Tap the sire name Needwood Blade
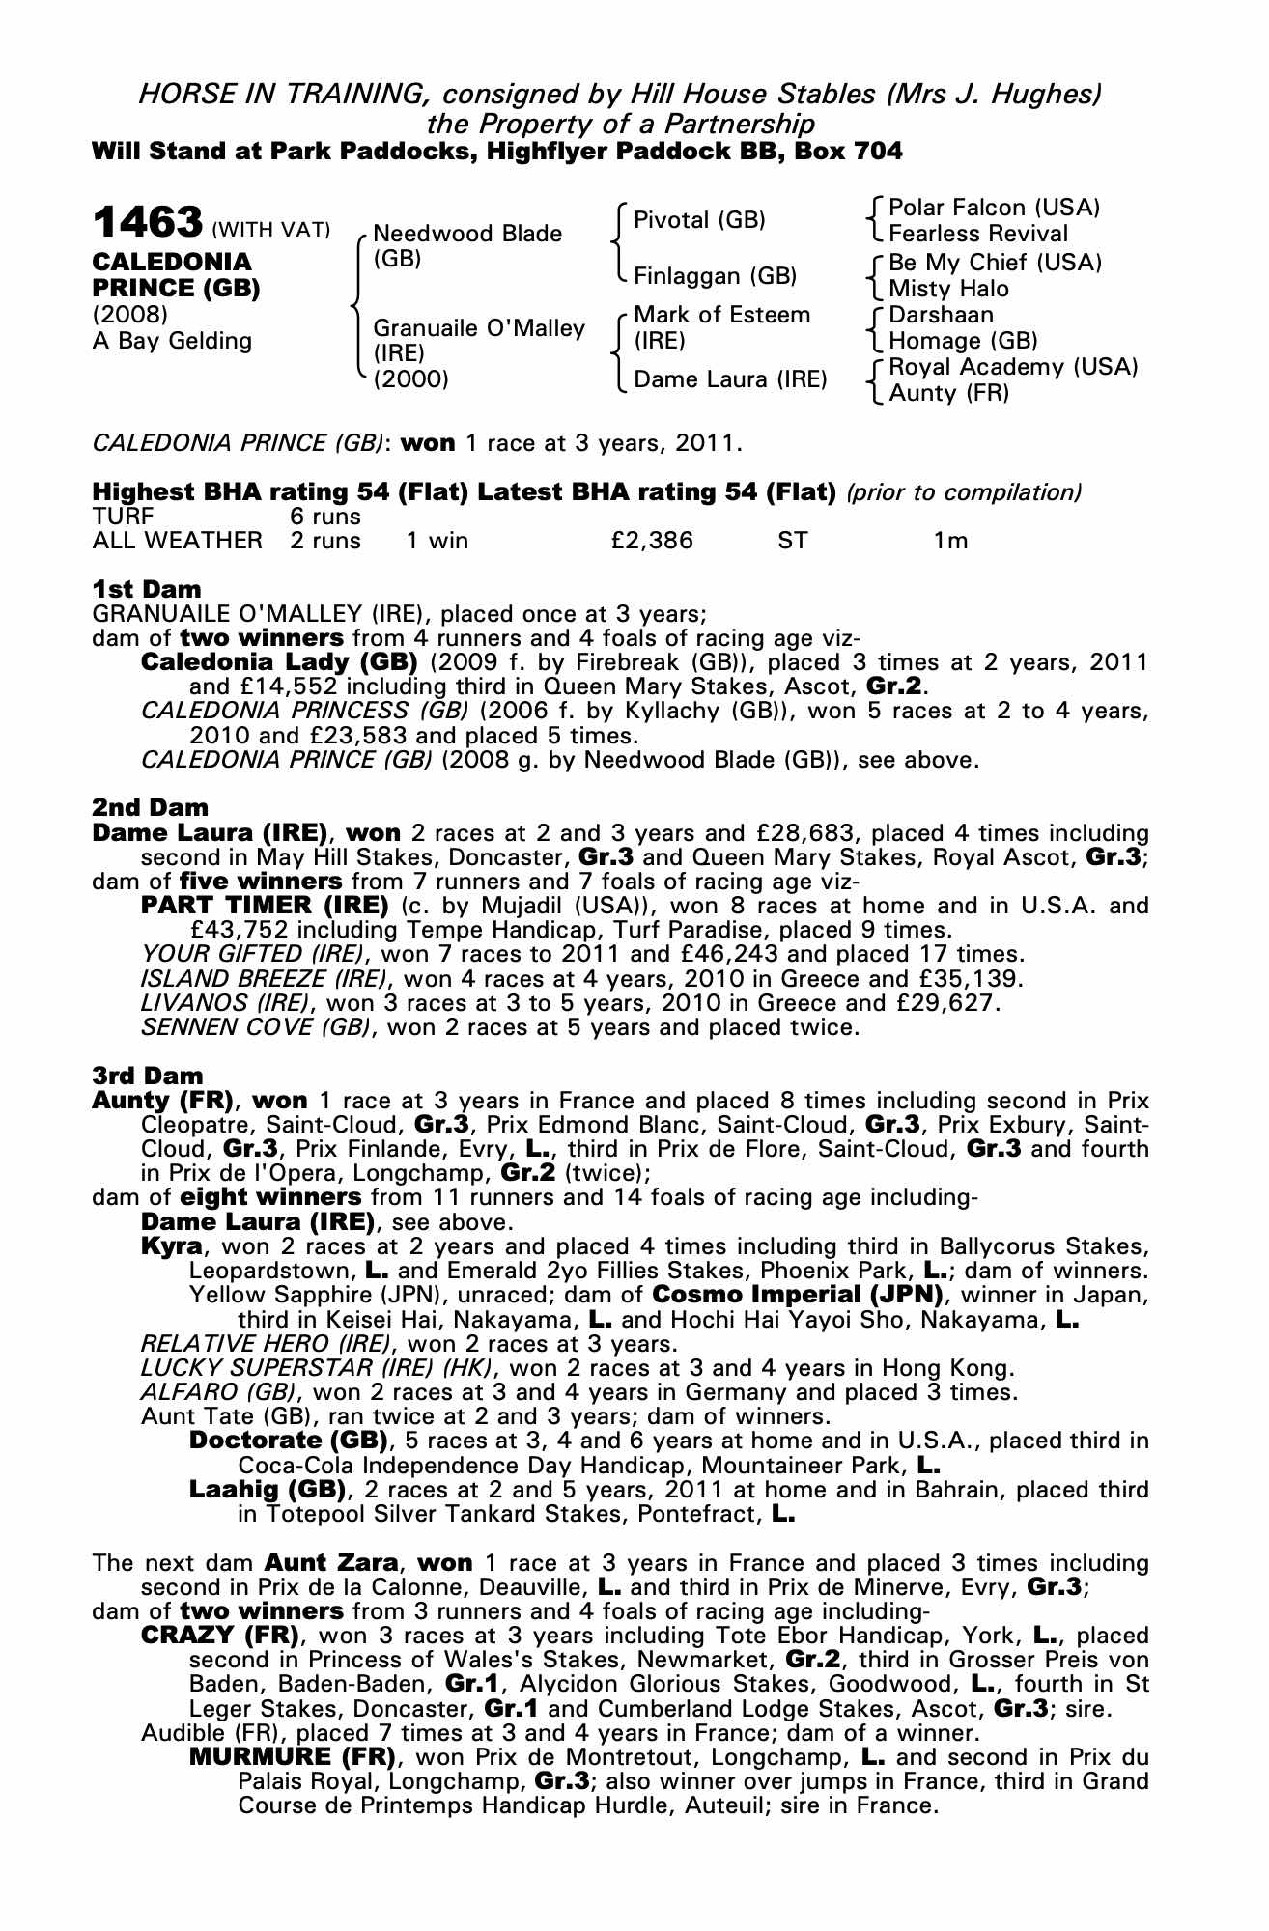pyautogui.click(x=467, y=234)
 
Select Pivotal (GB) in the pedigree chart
pyautogui.click(x=699, y=220)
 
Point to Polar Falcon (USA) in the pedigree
pyautogui.click(x=995, y=208)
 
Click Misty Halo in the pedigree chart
pyautogui.click(x=948, y=289)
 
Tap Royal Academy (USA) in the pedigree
pyautogui.click(x=1013, y=367)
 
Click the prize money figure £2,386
pyautogui.click(x=652, y=541)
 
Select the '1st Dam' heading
pyautogui.click(x=147, y=589)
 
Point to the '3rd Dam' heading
pyautogui.click(x=148, y=1075)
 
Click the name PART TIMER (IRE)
pyautogui.click(x=265, y=906)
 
